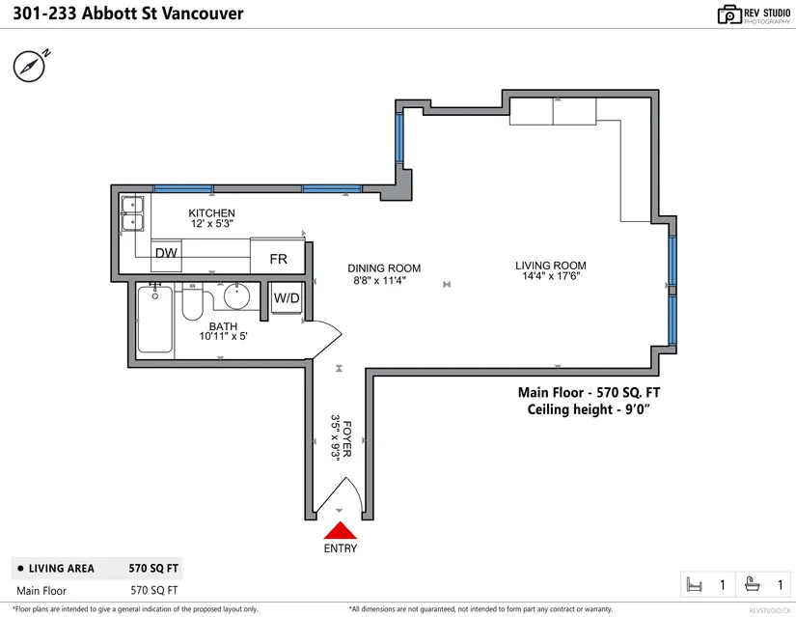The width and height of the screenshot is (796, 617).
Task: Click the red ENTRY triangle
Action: [341, 530]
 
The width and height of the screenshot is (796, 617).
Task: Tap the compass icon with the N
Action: [31, 66]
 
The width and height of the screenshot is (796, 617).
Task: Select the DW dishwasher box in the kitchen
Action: [166, 256]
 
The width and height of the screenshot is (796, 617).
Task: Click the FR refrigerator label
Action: [278, 259]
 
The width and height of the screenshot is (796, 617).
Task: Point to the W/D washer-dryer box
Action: [287, 297]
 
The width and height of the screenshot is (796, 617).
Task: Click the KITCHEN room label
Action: [211, 213]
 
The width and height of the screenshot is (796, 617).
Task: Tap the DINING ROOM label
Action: [384, 268]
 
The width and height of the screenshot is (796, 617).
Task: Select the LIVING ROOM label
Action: [551, 266]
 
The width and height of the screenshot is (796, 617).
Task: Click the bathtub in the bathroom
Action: [154, 320]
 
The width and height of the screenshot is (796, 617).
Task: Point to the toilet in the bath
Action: [192, 302]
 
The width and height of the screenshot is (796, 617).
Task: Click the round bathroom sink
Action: [236, 295]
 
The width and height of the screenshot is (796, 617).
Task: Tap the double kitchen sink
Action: [132, 213]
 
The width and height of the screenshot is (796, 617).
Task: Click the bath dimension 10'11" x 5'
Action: [224, 336]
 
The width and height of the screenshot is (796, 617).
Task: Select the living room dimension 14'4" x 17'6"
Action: [551, 276]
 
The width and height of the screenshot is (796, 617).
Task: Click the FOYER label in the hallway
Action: [347, 438]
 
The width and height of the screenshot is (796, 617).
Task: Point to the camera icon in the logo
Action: [729, 14]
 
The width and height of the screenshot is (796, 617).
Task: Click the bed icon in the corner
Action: [694, 585]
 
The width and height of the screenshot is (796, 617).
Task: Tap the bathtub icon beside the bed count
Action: [753, 584]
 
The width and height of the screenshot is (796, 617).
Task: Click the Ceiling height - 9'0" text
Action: [589, 409]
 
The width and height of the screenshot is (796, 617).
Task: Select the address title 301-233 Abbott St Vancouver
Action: [128, 14]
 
